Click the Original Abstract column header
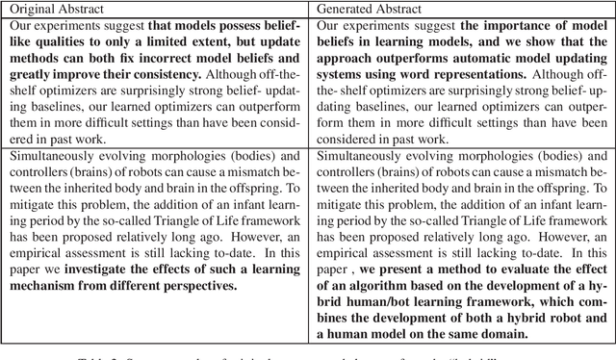[x=50, y=11]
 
